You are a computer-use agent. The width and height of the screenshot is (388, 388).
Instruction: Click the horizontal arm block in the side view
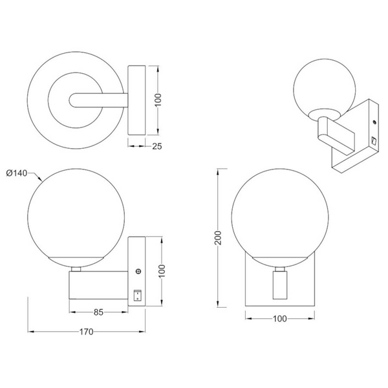pyautogui.click(x=97, y=285)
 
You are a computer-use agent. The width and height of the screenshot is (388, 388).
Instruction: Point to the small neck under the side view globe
pyautogui.click(x=76, y=266)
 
